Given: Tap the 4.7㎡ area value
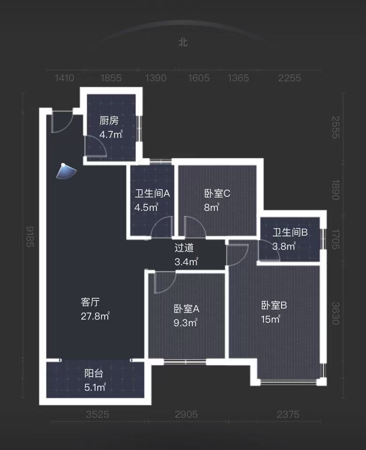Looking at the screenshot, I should coord(111,134).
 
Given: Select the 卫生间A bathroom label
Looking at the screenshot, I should coord(152,194).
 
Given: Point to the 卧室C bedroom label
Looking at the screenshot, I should coord(217,194).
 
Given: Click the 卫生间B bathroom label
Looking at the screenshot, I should coord(290,233).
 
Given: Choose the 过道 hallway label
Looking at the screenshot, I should coord(184,248).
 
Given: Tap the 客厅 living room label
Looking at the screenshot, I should coord(90,302).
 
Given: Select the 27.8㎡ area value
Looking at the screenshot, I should coord(95,316).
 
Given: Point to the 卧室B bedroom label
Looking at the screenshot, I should coord(274,305).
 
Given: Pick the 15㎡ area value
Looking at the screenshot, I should coord(271,319).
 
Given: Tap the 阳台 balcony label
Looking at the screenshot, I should coord(94,374).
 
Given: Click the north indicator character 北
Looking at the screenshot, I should coord(183,42).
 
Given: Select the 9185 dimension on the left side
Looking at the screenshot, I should coord(30,236).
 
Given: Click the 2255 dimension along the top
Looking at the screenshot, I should coord(290,78).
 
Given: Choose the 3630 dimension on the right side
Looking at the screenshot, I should coord(335,313).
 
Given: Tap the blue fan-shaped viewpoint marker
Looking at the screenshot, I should coord(66,171).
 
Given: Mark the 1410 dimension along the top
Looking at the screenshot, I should coord(64,78).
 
